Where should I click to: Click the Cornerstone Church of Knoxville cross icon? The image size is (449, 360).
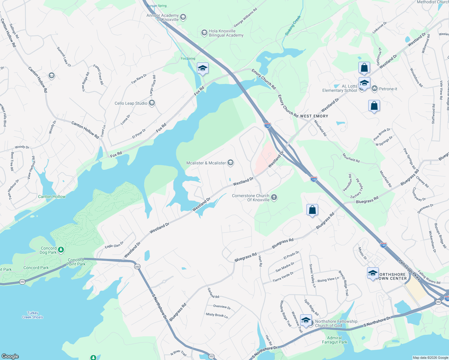coord(274,197)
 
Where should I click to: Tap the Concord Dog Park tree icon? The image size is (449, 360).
coord(61,250)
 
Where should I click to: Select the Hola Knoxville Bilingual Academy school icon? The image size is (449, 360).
coord(204,32)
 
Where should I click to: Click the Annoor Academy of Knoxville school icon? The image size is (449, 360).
coord(183,17)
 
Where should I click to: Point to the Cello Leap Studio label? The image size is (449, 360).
coord(131,103)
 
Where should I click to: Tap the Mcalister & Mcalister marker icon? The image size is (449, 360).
coord(231,163)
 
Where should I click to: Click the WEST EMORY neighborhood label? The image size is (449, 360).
coord(314,116)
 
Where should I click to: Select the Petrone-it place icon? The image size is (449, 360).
coord(375,88)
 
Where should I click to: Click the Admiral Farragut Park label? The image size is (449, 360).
coord(334,340)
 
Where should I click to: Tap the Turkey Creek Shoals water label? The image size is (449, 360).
coord(32,315)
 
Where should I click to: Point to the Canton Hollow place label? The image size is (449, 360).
coord(52,196)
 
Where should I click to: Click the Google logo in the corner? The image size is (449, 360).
coord(10,356)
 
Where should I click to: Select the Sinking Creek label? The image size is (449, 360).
coord(293,26)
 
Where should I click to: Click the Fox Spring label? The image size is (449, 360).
coord(188,58)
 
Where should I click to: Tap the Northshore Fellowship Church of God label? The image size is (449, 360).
coord(336,323)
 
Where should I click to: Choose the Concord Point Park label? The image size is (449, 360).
coord(76,262)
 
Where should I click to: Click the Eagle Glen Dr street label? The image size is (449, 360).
coord(114,245)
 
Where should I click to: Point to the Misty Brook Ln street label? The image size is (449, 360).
coord(217,315)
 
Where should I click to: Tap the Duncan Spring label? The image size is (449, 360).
coord(157,6)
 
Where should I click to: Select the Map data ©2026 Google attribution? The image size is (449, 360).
coord(430,358)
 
